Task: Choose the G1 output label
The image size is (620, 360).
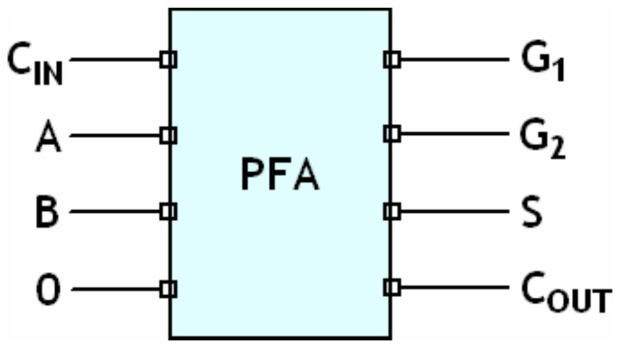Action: (x=542, y=62)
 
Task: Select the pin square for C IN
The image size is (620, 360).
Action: (x=169, y=59)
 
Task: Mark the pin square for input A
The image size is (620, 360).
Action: (x=169, y=136)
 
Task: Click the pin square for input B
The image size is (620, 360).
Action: (x=169, y=211)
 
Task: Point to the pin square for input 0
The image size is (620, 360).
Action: (x=169, y=289)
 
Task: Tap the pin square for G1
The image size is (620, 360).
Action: (x=392, y=59)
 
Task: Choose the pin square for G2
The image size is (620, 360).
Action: (x=392, y=134)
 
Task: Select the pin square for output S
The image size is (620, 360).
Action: (x=392, y=211)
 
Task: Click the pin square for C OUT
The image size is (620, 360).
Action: (x=392, y=288)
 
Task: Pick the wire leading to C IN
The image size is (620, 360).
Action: (x=116, y=59)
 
